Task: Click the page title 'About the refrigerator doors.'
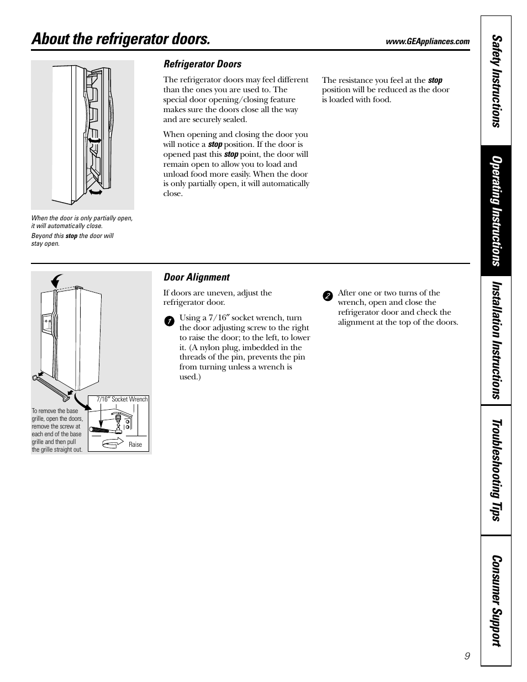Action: click(121, 39)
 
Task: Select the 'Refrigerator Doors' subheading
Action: click(202, 64)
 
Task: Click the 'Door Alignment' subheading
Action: click(196, 277)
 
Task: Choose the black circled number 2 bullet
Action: click(327, 295)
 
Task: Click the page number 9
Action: click(467, 655)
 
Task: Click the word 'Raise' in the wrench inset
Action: click(135, 445)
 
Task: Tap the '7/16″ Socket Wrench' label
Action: click(122, 399)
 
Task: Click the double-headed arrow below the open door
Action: click(96, 191)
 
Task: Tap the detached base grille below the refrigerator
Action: click(51, 387)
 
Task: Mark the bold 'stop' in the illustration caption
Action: click(71, 236)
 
